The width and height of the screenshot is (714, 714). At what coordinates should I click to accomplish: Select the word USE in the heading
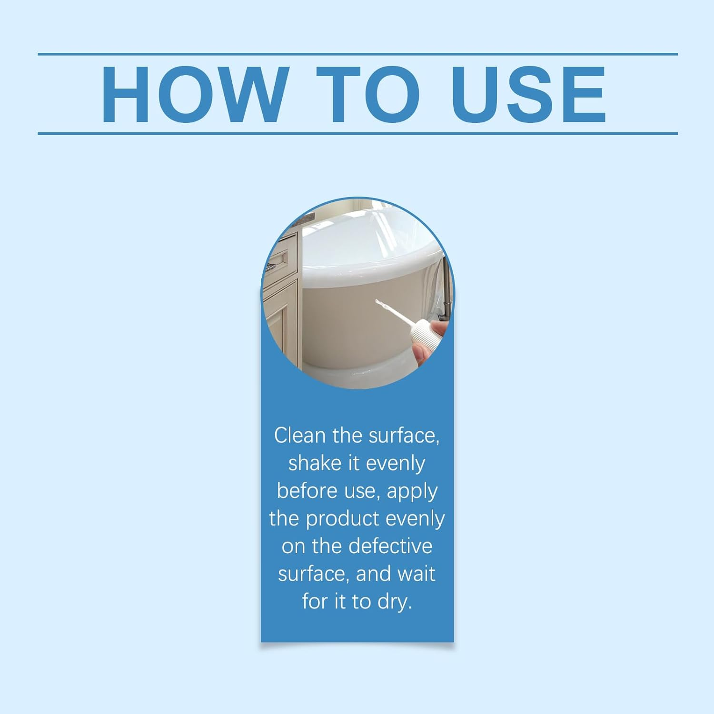point(529,94)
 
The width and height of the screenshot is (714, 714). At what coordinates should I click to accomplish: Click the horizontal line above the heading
point(357,54)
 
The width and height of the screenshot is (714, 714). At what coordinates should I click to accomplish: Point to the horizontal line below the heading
point(357,133)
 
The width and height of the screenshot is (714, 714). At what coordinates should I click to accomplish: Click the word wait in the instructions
point(416,574)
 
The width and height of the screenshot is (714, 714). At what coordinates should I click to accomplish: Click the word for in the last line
point(315,601)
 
